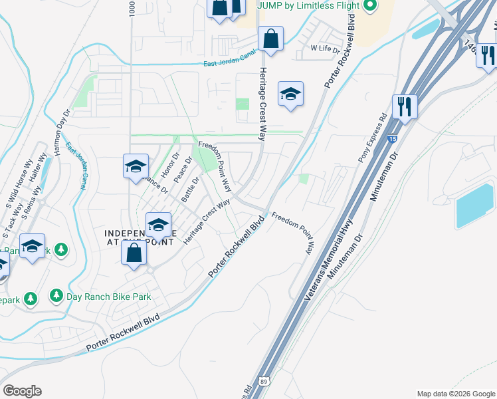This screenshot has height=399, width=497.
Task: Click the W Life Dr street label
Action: tap(326, 49)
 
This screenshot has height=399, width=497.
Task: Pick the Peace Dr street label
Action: tap(183, 171)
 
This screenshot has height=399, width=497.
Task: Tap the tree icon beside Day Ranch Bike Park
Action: tap(56, 295)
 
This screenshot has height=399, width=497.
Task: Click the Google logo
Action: tap(22, 391)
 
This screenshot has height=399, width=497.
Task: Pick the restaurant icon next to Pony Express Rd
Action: tap(404, 106)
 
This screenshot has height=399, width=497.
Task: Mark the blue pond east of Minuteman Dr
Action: tap(474, 203)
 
